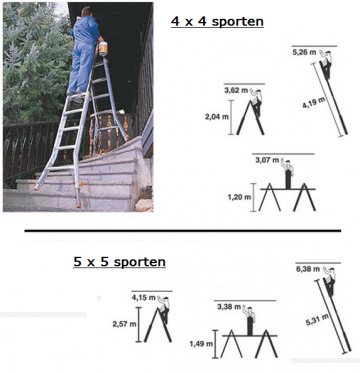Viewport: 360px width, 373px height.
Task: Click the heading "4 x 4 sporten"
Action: tap(217, 21)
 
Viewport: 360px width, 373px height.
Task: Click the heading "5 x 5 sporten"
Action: tap(119, 262)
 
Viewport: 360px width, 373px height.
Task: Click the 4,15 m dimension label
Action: tap(146, 297)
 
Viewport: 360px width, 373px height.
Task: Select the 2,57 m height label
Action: tap(125, 325)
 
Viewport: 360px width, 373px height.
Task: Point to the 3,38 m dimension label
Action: tap(232, 307)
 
